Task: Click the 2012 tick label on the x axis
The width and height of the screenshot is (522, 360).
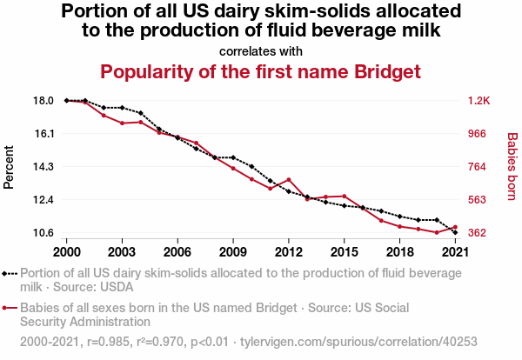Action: click(x=288, y=251)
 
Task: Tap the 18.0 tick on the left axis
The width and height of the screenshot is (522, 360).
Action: click(x=43, y=101)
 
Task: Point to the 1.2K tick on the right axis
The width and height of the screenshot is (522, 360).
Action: click(x=478, y=101)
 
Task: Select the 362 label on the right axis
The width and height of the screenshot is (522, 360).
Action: click(x=477, y=233)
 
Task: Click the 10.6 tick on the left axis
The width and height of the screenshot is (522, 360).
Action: click(x=43, y=233)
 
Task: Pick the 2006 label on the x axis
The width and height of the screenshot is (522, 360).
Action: click(x=177, y=251)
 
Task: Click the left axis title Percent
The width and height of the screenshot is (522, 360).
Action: click(x=10, y=167)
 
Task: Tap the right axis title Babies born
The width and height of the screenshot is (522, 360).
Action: click(x=512, y=167)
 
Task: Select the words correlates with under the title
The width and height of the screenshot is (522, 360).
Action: click(x=261, y=50)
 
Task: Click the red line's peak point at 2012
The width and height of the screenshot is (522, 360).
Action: click(x=288, y=180)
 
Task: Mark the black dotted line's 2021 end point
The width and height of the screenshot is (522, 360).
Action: click(x=455, y=232)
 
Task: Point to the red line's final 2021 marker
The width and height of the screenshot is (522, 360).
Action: click(x=455, y=227)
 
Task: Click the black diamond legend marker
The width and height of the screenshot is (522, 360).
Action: click(x=6, y=273)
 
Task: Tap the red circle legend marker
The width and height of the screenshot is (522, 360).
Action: click(x=6, y=309)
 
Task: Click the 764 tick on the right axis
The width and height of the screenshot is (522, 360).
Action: click(x=477, y=167)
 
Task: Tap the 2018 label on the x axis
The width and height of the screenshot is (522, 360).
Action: click(x=399, y=251)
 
